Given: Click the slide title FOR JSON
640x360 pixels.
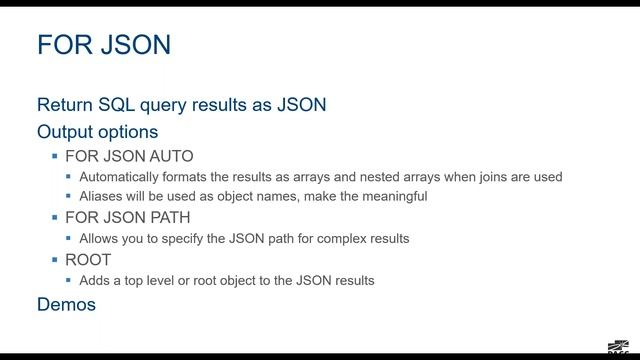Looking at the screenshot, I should [x=103, y=45].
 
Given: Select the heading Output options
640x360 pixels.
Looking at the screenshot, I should [x=97, y=131].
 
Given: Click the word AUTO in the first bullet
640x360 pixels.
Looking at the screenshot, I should [x=169, y=156].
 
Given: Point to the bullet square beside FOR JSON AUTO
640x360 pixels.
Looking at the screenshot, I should [x=55, y=157].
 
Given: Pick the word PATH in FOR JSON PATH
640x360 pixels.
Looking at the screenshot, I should [x=169, y=217].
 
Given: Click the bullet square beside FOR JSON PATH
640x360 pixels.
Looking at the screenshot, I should [x=55, y=218].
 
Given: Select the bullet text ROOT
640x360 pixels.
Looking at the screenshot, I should [x=87, y=259].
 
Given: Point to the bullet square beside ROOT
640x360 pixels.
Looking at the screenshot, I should [x=55, y=260].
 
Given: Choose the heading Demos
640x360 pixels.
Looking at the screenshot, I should [x=66, y=304].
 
